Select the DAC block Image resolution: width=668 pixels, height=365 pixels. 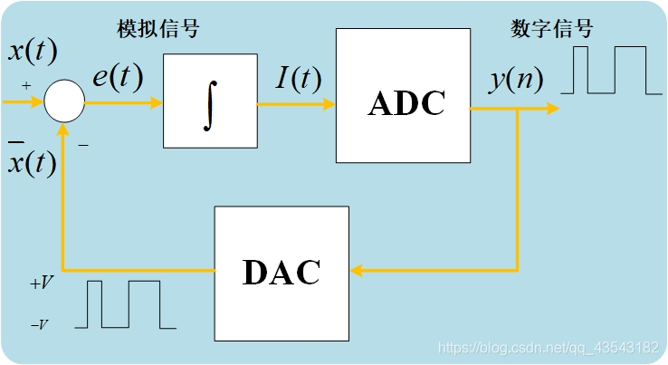282,273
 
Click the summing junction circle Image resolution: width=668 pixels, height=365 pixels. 65,101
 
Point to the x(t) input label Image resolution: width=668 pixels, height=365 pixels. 33,50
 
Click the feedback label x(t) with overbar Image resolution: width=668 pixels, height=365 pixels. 33,162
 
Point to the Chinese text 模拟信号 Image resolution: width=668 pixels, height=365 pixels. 157,29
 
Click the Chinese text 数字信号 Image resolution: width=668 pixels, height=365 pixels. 552,29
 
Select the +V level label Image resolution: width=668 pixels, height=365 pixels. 41,283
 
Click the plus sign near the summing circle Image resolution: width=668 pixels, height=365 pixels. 25,86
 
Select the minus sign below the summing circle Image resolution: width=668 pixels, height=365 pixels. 82,144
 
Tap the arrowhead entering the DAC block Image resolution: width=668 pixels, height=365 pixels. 357,270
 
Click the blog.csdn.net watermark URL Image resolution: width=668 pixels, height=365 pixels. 548,348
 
